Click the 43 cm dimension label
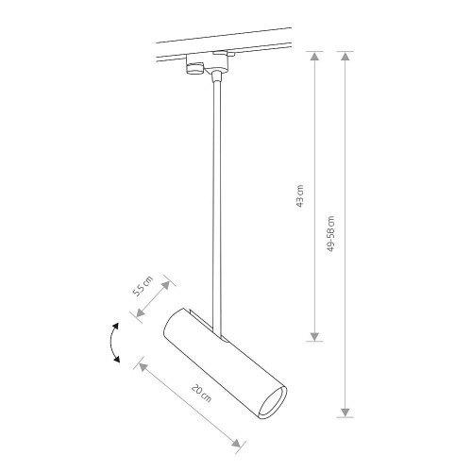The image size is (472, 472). point(300,196)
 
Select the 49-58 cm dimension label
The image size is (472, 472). point(330,234)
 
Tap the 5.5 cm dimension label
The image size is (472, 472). point(143,286)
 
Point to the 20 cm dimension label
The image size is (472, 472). point(202,393)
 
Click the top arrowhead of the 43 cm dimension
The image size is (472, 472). point(315,57)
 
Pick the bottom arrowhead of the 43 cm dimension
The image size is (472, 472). point(314,336)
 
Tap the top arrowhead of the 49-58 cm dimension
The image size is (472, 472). point(346,57)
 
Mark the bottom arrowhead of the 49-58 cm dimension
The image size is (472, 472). point(346,413)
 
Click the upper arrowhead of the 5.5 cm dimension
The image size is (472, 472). point(166,285)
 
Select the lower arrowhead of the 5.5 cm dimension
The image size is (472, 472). point(140,312)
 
